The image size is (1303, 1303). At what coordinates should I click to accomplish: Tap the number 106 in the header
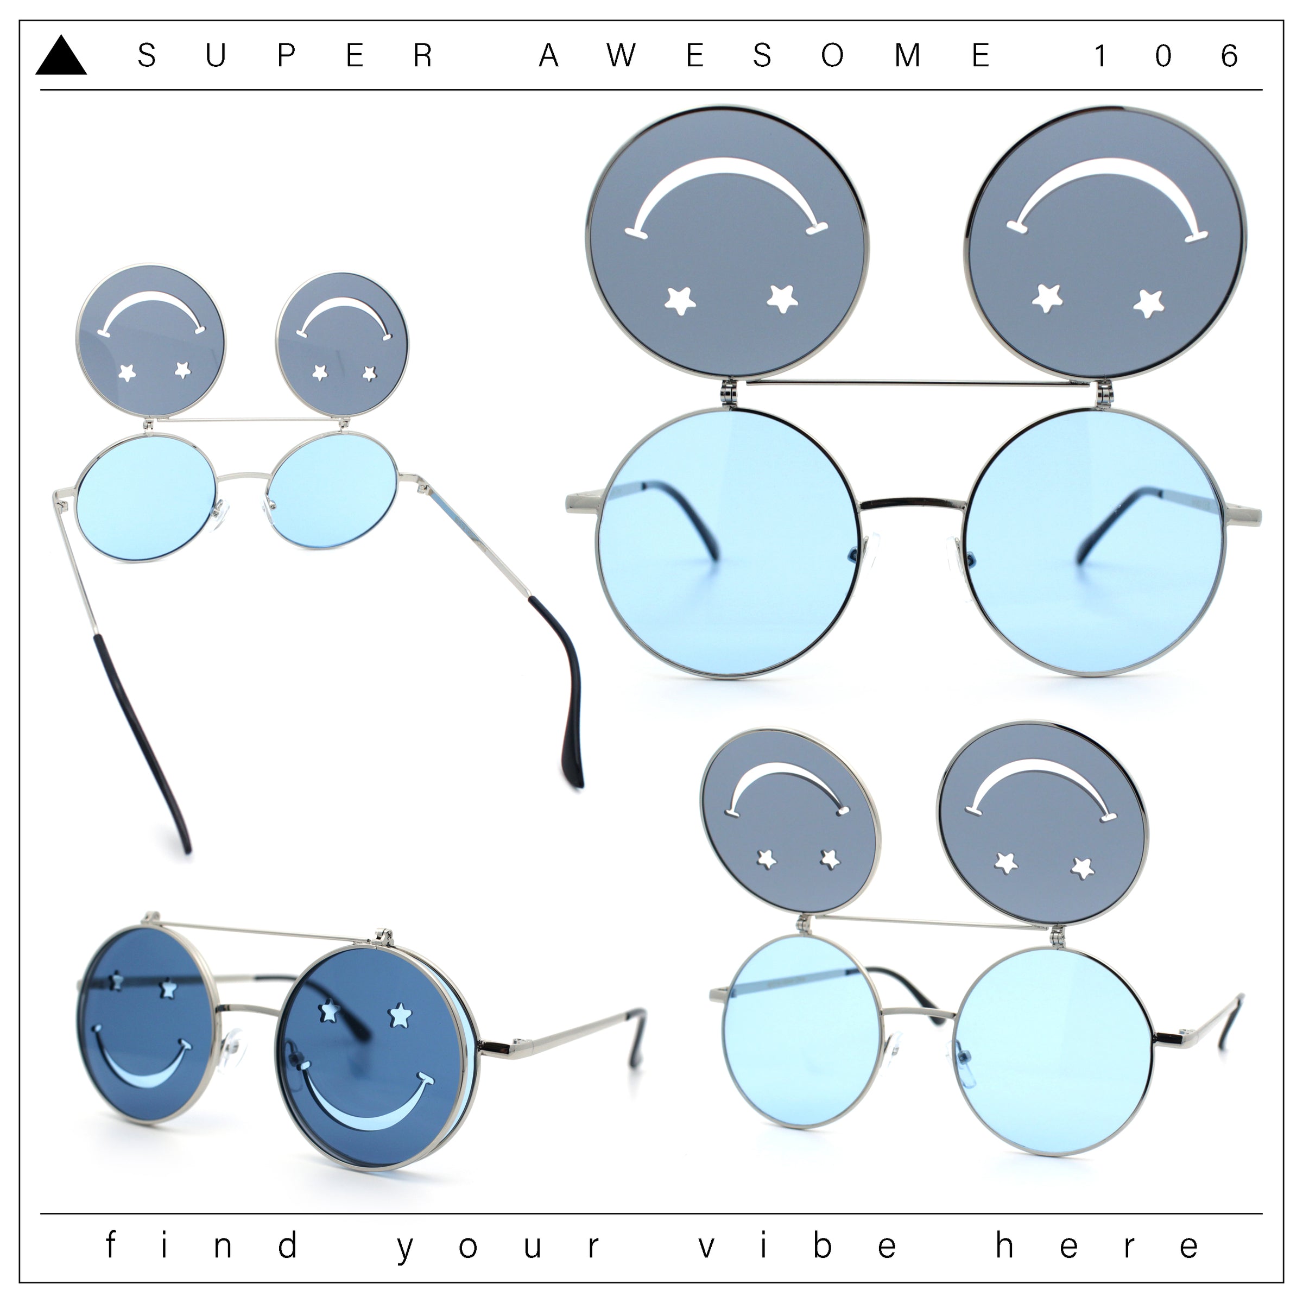(x=1166, y=55)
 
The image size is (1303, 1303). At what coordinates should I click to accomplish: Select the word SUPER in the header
(x=284, y=55)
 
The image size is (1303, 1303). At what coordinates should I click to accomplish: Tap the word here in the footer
(x=1097, y=1247)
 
